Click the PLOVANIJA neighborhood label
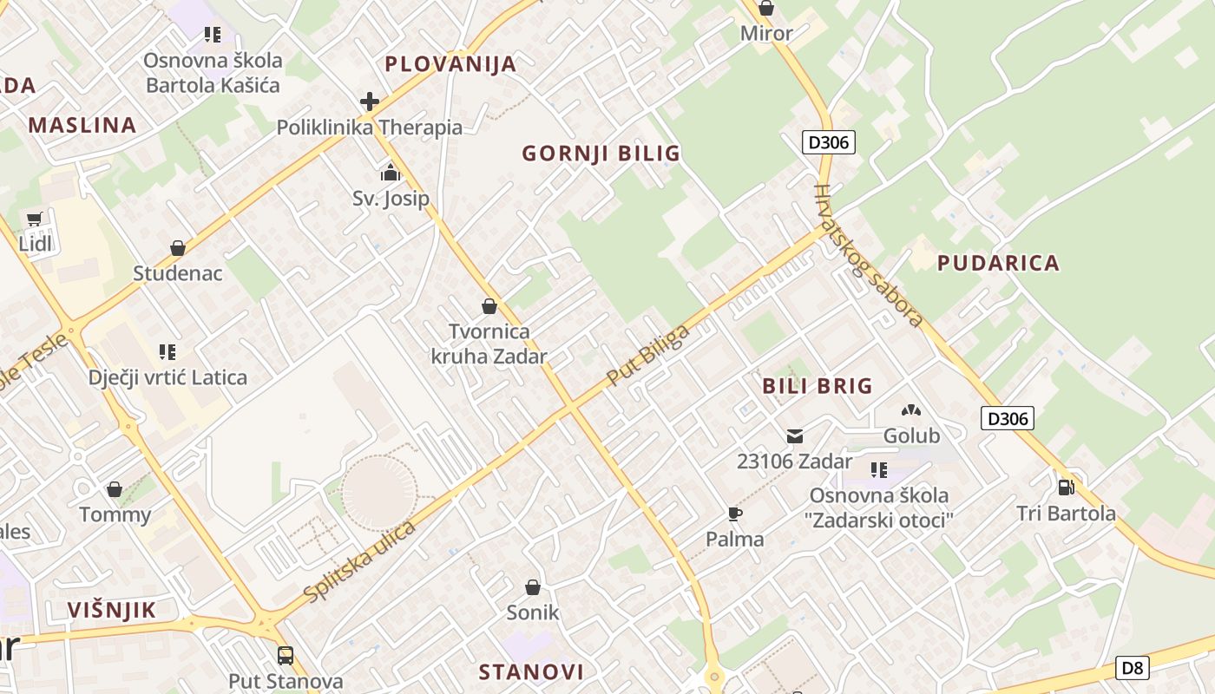[x=450, y=64]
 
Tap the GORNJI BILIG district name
[x=601, y=154]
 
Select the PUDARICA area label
[x=998, y=263]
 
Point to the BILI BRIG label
[x=818, y=386]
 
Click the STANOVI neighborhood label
[x=531, y=671]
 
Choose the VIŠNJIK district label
[x=112, y=610]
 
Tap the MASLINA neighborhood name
[x=82, y=125]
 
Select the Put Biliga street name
[x=648, y=355]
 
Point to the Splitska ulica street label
[x=360, y=561]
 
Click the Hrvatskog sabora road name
[x=868, y=257]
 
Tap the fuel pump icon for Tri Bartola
[x=1067, y=488]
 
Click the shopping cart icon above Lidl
[x=35, y=219]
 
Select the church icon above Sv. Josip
[x=390, y=173]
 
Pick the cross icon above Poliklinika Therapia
[x=370, y=101]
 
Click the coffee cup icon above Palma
[x=735, y=514]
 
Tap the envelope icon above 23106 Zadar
[x=795, y=435]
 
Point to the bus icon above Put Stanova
[x=286, y=655]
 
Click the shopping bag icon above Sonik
[x=533, y=587]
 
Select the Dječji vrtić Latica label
[x=167, y=377]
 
